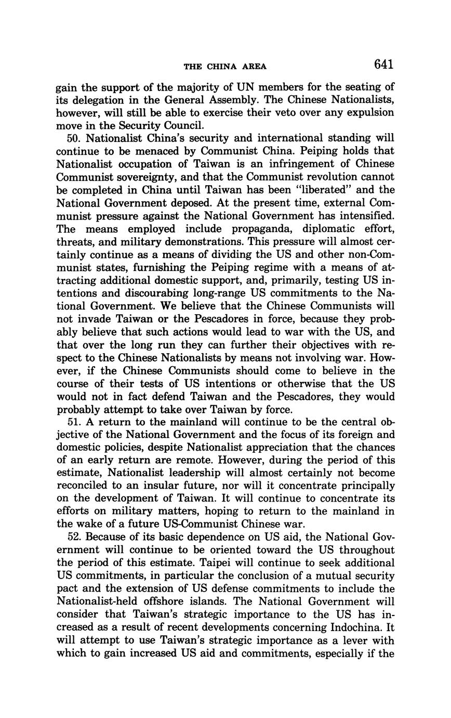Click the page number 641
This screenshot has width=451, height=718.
[x=383, y=65]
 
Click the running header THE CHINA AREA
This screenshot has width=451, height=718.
[x=225, y=66]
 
